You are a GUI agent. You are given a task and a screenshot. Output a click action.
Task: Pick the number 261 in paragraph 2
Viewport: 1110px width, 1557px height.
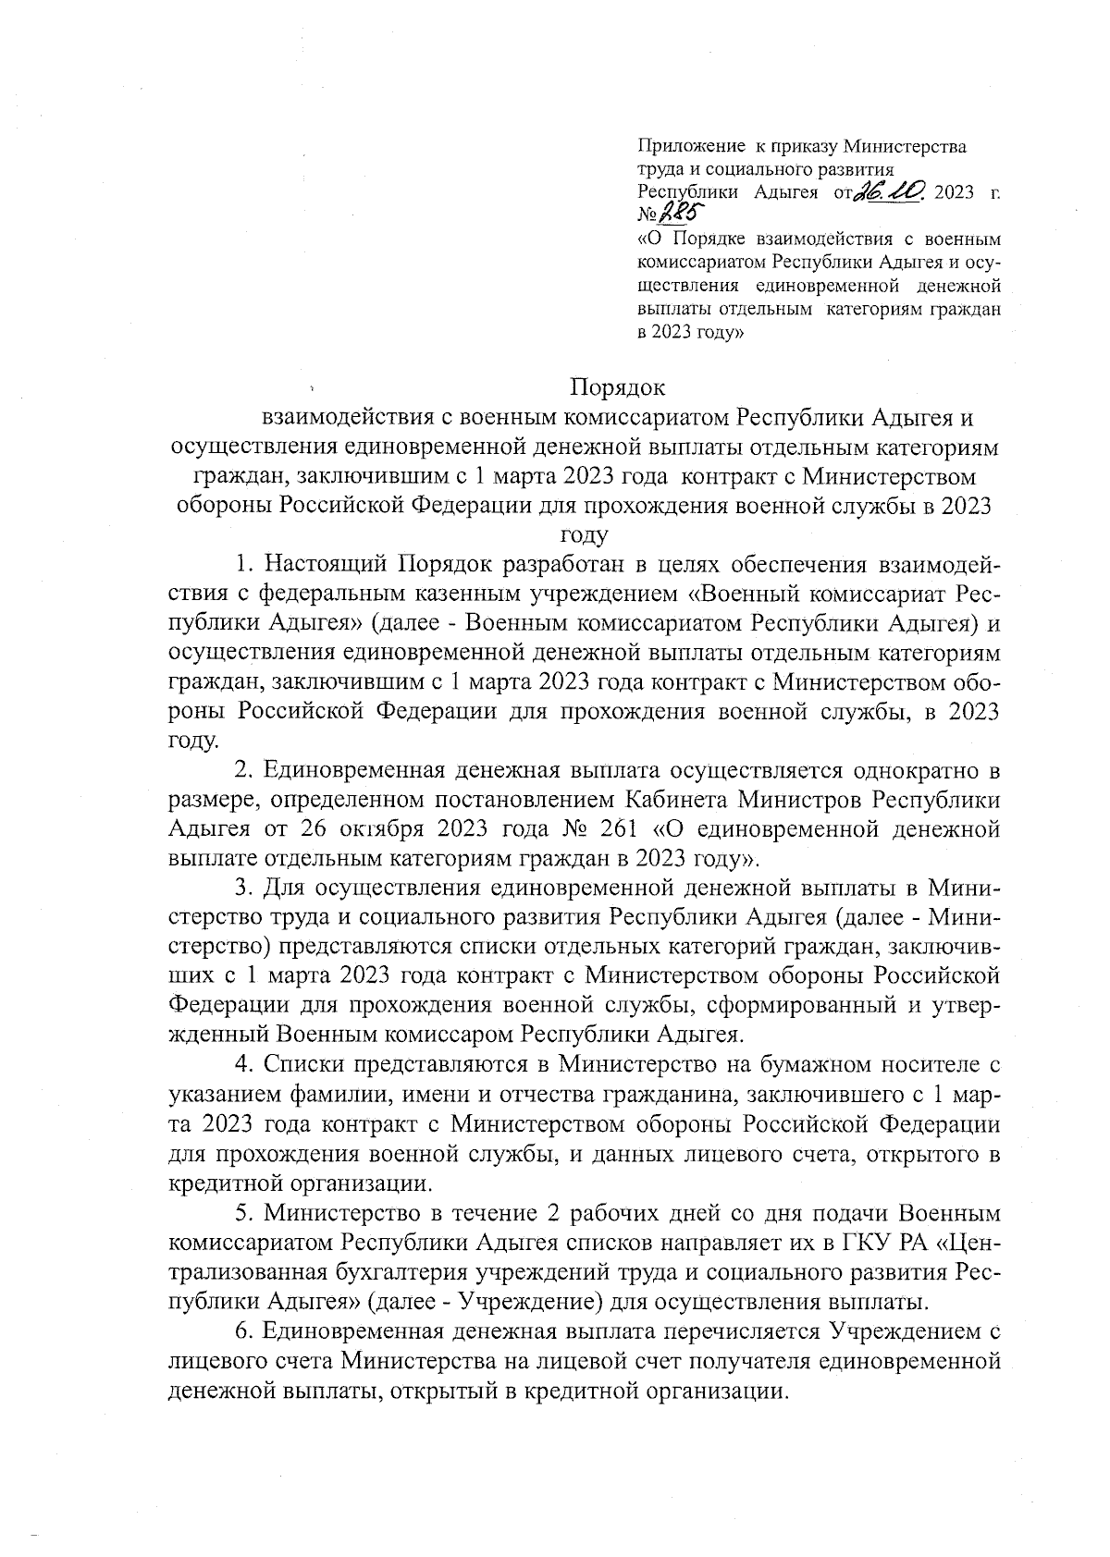click(x=576, y=828)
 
